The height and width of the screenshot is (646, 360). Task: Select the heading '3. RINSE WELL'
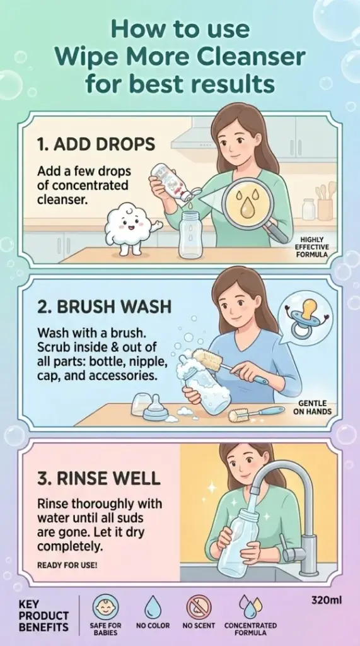coord(99,478)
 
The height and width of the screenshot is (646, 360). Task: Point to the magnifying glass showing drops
coord(252,208)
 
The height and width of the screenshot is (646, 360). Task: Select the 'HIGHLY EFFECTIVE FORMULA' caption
coord(311,247)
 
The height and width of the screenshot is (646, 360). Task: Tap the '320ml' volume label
coord(327,601)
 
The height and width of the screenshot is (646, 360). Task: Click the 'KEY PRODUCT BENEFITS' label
coord(44,616)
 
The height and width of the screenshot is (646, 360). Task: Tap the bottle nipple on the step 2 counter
coord(155,409)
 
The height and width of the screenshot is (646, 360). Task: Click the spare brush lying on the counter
coord(256,413)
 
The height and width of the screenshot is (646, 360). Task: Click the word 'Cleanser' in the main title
coord(250,58)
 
